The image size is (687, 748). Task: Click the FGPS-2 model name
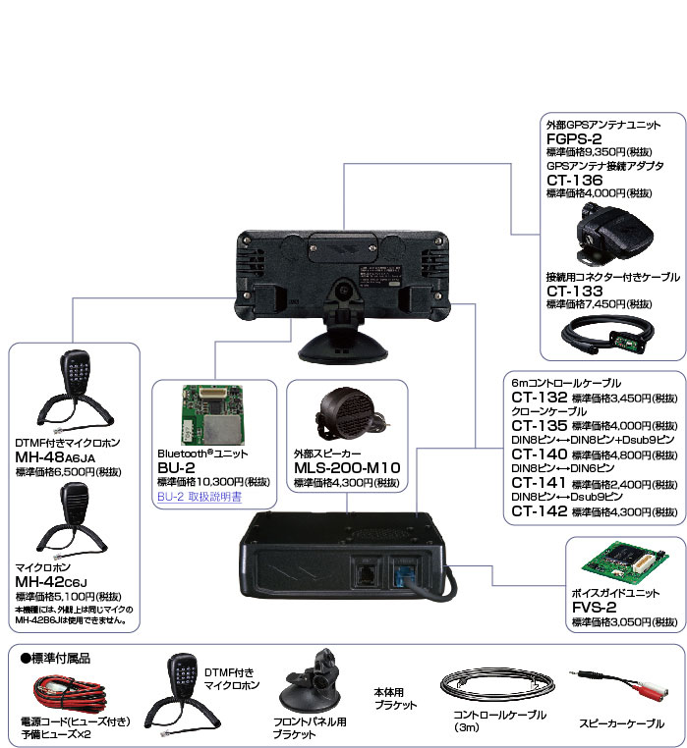coord(575,139)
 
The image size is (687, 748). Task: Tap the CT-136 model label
coord(575,180)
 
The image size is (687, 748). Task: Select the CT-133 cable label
coord(575,291)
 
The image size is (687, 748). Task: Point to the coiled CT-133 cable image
coord(604,335)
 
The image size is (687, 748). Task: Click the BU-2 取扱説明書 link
coord(199,497)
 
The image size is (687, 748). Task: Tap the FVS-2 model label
coord(596,608)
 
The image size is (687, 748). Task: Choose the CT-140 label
coord(540,454)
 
